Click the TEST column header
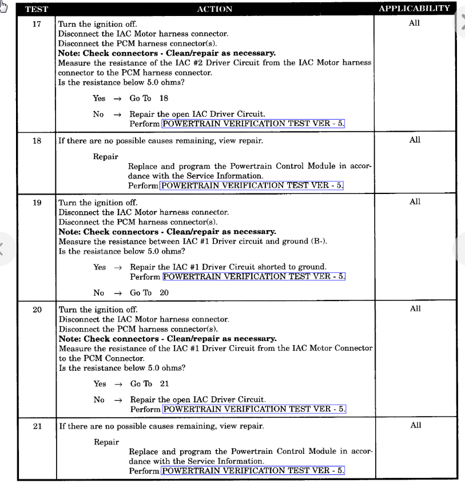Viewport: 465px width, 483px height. tap(36, 9)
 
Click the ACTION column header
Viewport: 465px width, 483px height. tap(214, 9)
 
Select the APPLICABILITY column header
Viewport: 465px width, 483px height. tap(414, 9)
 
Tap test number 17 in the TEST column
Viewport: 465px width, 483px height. tap(37, 24)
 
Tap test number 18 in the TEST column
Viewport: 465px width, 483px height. tap(37, 141)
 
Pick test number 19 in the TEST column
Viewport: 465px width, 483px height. tap(37, 203)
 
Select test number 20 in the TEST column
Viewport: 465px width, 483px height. tap(37, 310)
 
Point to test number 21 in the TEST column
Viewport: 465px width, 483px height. tap(37, 426)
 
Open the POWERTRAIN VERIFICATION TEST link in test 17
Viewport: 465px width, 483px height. tap(253, 124)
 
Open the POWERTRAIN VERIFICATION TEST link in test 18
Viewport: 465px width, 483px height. tap(252, 185)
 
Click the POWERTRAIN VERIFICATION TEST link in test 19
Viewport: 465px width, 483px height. tap(254, 276)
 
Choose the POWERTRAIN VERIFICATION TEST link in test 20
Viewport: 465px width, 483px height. tap(254, 409)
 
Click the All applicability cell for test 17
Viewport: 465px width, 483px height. tap(415, 23)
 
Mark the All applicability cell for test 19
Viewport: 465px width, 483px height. tap(415, 202)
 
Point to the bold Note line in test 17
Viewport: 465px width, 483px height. tap(167, 53)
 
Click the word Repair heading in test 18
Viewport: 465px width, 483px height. tap(106, 156)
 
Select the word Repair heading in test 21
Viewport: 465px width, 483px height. tap(106, 442)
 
